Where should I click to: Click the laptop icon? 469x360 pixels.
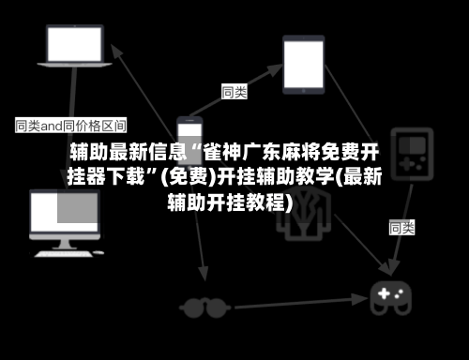pos(74,46)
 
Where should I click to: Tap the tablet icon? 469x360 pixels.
pos(304,65)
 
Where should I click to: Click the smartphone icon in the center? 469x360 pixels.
pos(189,142)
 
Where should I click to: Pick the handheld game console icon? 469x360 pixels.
pos(412,154)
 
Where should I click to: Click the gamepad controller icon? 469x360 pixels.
pos(391,298)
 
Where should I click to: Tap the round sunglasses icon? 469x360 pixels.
pos(204,307)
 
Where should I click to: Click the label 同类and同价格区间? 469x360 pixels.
pos(71,126)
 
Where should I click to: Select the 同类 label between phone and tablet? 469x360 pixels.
pos(234,92)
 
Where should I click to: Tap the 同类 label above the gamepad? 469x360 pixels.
pos(401,227)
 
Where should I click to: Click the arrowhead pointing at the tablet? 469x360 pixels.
pos(275,70)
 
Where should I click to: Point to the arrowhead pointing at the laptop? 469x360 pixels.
pos(115,51)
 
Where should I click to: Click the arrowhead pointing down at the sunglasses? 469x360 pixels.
pos(204,274)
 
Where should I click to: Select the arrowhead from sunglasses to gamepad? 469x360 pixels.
pos(361,299)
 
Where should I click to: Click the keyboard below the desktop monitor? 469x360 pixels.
pos(64,254)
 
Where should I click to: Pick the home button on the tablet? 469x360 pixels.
pos(303,91)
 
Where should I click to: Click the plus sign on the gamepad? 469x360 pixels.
pos(384,293)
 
